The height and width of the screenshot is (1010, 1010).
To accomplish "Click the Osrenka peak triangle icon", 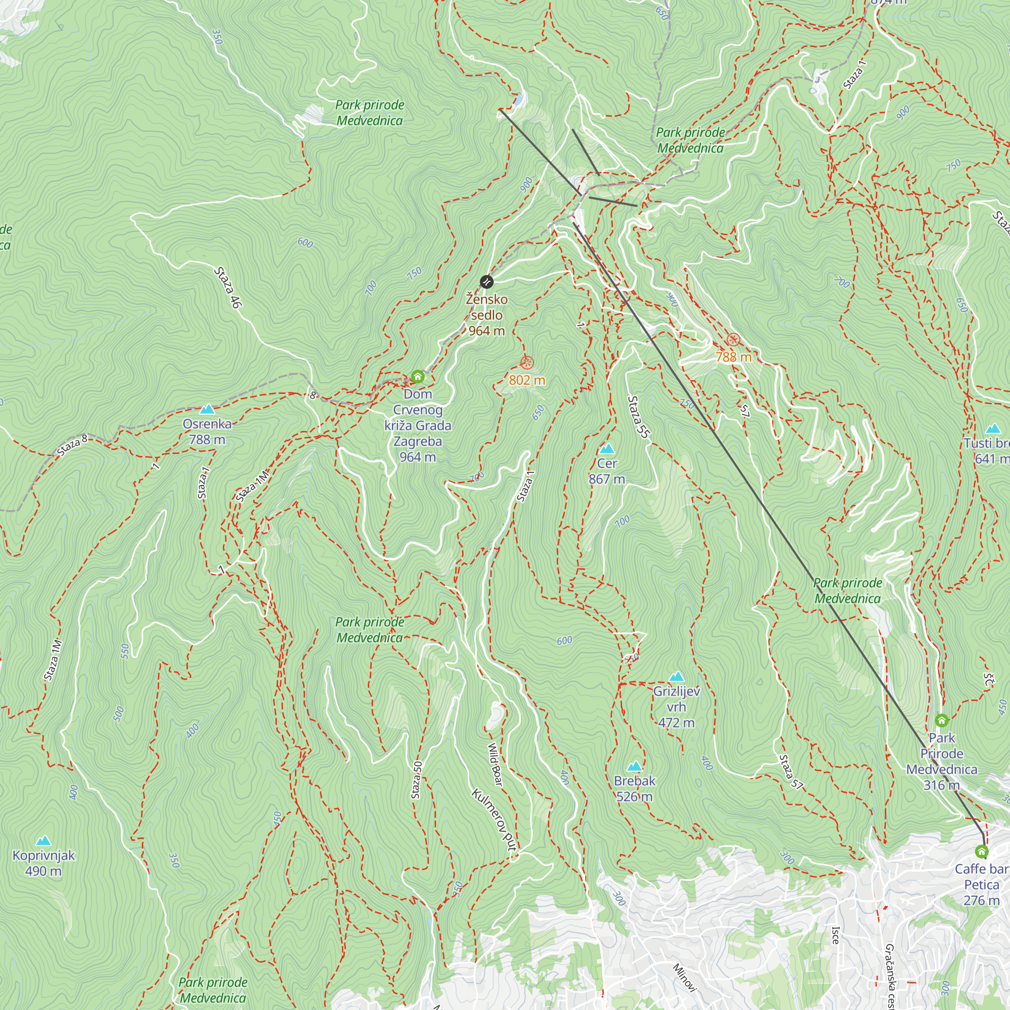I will pyautogui.click(x=208, y=409).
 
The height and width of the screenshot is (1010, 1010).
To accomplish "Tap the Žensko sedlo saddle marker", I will pyautogui.click(x=487, y=282).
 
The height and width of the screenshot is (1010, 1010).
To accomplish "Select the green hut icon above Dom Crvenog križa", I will pyautogui.click(x=417, y=376).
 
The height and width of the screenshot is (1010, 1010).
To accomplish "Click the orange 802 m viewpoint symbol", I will pyautogui.click(x=527, y=362).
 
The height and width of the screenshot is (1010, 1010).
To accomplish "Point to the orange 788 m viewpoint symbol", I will pyautogui.click(x=733, y=340).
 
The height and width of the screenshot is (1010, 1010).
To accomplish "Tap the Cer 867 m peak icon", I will pyautogui.click(x=607, y=448).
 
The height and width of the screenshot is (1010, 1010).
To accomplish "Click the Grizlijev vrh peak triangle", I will pyautogui.click(x=677, y=677).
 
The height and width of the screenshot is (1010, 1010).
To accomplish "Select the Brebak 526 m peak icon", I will pyautogui.click(x=634, y=767).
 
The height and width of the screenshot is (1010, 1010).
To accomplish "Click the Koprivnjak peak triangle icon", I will pyautogui.click(x=43, y=841).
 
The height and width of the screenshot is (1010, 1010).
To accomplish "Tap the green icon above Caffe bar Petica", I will pyautogui.click(x=982, y=852).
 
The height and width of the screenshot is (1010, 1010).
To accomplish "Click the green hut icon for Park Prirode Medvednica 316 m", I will pyautogui.click(x=941, y=721).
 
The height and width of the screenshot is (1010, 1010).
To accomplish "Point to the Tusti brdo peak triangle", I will pyautogui.click(x=993, y=429).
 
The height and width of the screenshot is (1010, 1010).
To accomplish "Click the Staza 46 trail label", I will pyautogui.click(x=228, y=287).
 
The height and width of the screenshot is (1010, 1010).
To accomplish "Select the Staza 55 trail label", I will pyautogui.click(x=638, y=417).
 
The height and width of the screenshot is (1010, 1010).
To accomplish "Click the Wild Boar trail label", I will pyautogui.click(x=495, y=764).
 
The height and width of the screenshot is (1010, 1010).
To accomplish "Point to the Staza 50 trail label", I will pyautogui.click(x=417, y=780).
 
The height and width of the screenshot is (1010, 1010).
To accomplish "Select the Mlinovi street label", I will pyautogui.click(x=684, y=977).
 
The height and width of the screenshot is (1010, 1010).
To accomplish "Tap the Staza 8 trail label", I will pyautogui.click(x=73, y=445).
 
